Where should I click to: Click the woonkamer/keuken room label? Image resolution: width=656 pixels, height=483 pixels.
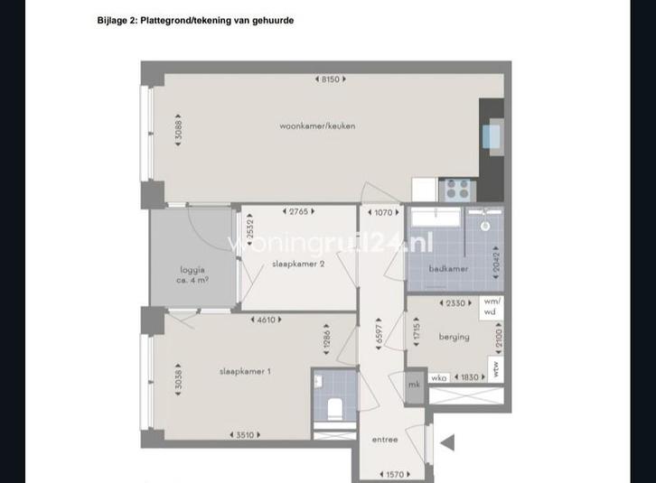[317, 125]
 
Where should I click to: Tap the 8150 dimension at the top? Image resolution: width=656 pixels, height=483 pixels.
[330, 79]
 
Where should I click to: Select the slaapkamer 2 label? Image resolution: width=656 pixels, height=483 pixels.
[298, 264]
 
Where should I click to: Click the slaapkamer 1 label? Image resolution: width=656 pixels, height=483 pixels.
[244, 371]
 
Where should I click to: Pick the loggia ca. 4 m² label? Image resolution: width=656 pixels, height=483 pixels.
[192, 274]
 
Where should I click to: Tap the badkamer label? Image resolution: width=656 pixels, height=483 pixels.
[448, 269]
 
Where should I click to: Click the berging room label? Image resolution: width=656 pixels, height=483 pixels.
[454, 337]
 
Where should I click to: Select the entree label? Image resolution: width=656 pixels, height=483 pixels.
[385, 440]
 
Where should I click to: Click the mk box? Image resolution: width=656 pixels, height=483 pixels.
[414, 384]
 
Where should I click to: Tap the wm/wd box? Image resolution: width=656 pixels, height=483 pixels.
[491, 306]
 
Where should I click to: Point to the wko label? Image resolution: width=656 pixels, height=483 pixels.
[439, 377]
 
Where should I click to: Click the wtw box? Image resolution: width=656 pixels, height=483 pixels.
[495, 368]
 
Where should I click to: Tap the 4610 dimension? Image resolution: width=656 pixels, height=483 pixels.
[268, 320]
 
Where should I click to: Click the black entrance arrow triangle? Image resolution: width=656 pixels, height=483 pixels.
[446, 442]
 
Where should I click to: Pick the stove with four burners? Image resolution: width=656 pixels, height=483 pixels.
[457, 189]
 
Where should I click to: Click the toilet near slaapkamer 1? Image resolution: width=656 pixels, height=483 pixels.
[332, 409]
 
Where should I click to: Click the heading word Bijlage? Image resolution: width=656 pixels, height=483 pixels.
[115, 20]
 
